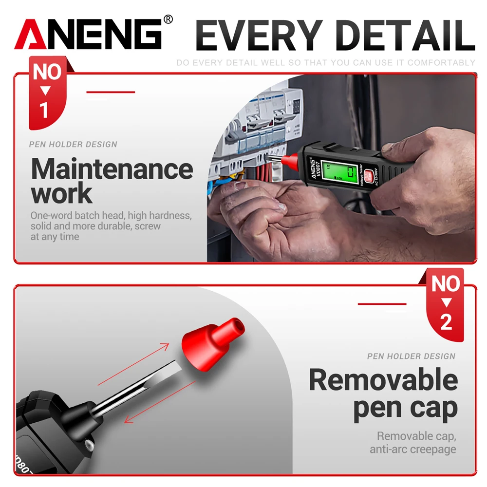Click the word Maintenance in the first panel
tap(112, 169)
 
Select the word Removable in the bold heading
tap(383, 380)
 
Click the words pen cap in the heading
tap(405, 408)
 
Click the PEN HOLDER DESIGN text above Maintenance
tap(73, 144)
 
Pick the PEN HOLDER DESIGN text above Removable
tap(412, 356)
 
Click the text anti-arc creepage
tap(413, 449)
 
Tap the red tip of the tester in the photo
tap(292, 158)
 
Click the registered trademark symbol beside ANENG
tap(168, 19)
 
